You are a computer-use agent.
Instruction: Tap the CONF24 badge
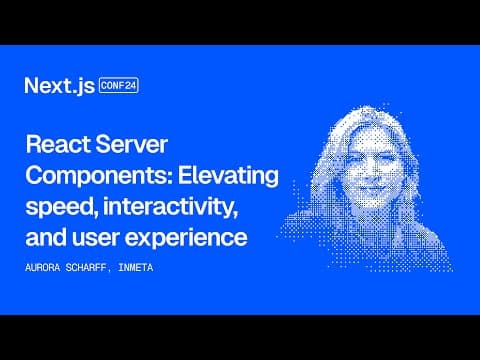119,86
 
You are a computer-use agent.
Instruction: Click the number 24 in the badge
130,86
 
